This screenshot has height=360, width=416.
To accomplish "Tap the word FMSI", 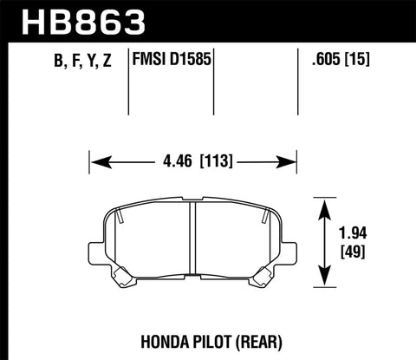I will click(150, 62).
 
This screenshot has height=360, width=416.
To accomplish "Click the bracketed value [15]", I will click(365, 62).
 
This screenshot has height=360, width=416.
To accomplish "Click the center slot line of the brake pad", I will click(192, 243).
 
